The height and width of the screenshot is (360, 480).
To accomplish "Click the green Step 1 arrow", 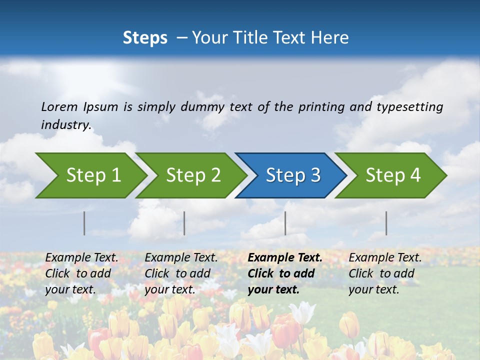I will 92,175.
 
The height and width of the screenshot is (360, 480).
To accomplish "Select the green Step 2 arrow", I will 193,175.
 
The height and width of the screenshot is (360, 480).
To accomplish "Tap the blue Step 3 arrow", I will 292,175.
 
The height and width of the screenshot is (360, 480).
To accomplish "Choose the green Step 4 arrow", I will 392,175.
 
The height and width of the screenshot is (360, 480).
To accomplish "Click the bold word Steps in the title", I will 145,38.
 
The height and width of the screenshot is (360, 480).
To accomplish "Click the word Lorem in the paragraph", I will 59,107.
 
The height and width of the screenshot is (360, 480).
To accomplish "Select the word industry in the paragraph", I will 65,125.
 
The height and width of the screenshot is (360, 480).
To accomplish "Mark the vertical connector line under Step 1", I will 84,223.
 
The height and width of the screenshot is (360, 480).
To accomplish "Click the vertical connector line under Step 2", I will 184,223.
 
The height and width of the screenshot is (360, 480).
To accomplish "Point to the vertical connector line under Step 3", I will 285,223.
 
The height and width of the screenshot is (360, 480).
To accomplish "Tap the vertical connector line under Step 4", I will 386,223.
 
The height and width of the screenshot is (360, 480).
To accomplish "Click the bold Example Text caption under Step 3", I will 285,273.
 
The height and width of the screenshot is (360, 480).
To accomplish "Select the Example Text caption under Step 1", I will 81,273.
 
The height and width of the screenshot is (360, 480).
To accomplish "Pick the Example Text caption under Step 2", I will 181,273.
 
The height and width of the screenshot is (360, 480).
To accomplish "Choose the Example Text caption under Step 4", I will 385,273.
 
